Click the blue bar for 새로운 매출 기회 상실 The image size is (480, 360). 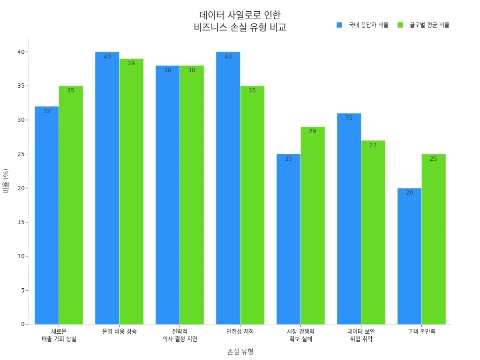[x=47, y=216]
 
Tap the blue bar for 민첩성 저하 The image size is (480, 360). [x=228, y=187]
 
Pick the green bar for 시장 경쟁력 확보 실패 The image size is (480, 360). [x=313, y=225]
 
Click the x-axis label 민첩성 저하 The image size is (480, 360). [x=240, y=331]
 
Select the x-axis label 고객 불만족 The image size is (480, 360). [x=421, y=331]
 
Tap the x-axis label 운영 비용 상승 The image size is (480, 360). [x=120, y=331]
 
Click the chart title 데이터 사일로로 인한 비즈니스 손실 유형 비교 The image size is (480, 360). [x=240, y=21]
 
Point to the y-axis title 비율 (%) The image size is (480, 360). [x=6, y=181]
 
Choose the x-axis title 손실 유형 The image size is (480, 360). [x=240, y=352]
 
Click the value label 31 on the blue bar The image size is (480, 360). [x=349, y=118]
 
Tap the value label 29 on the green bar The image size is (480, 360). [x=313, y=131]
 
